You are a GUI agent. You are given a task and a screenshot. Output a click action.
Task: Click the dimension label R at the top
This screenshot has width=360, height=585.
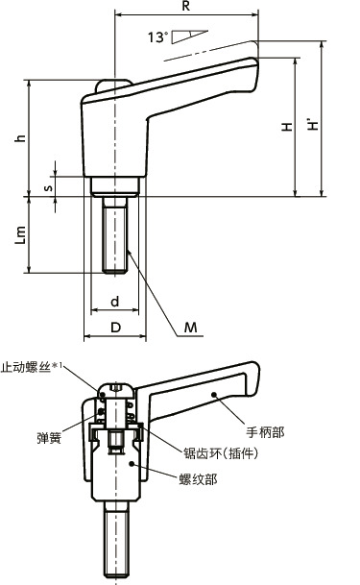[x=187, y=7]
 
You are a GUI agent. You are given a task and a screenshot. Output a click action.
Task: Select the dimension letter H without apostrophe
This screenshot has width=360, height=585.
[x=287, y=127]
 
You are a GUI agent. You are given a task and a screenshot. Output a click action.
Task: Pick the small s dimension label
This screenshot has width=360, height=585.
[x=48, y=187]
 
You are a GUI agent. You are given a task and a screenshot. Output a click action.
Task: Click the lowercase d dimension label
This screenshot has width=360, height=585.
[x=114, y=302]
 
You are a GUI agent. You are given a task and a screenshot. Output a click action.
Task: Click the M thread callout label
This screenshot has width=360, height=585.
[x=190, y=329]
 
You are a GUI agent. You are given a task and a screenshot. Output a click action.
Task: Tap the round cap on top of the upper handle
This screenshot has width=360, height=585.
[x=113, y=85]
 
